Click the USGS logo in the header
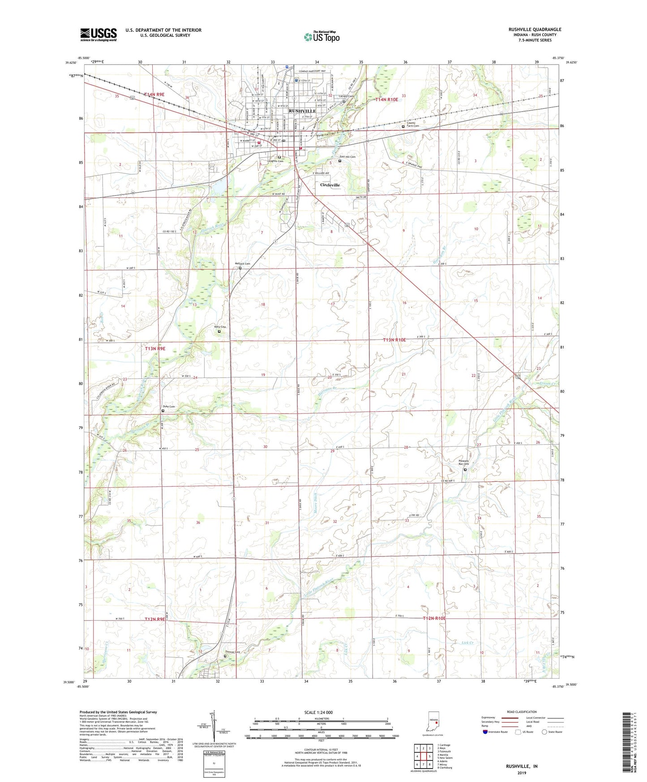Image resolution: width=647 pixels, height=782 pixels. pos(99,34)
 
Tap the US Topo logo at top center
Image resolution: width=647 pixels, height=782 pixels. pos(321,37)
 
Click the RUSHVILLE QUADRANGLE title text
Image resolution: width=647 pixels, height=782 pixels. pos(535,30)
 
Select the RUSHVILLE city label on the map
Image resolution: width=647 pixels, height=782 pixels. pos(302,111)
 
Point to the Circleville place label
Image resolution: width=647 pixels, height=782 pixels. pos(330,185)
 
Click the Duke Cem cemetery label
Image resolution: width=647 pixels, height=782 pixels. pos(168,407)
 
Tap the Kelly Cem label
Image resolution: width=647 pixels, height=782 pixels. pos(220,327)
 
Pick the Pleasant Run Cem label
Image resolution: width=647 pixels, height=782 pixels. pos(463,463)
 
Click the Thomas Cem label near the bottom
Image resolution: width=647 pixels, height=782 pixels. pos(232,652)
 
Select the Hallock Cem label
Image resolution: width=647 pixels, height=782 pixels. pos(242,264)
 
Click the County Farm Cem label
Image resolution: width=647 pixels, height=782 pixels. pos(412,125)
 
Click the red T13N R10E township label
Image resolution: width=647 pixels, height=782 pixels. pos(394,340)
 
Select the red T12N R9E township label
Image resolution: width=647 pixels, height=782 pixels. pos(155,619)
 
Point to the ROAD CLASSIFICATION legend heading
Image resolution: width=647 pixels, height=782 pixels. pos(522,712)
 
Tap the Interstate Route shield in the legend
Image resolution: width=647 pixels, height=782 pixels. pos(486,732)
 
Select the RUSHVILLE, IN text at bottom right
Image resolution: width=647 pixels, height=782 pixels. pos(522,766)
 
